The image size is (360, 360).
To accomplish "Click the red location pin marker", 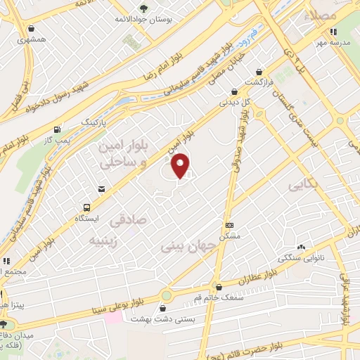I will tap(181, 165).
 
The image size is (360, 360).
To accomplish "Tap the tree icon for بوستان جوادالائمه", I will tap(143, 8).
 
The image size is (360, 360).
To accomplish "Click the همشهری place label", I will tap(32, 40).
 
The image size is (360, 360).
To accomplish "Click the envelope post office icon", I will tap(102, 189).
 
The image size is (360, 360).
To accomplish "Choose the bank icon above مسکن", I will tap(229, 225).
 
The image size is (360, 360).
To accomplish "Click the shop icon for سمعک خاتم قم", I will tap(220, 287).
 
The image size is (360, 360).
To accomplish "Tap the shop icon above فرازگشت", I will tap(260, 72).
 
